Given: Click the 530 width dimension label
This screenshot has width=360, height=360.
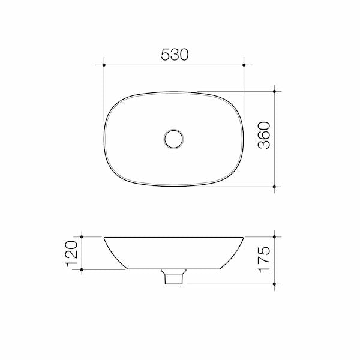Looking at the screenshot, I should click(175, 55).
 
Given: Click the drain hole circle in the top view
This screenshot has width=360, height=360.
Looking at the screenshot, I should click(175, 138).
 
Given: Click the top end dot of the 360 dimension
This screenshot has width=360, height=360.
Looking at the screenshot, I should click(275, 91).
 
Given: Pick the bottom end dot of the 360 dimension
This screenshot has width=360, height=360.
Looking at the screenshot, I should click(275, 187).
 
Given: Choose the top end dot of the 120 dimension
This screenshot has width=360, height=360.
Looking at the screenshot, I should click(82, 236).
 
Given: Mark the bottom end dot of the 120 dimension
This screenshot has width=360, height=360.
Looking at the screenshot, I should click(82, 271).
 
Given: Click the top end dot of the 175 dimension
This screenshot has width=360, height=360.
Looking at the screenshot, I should click(275, 236).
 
